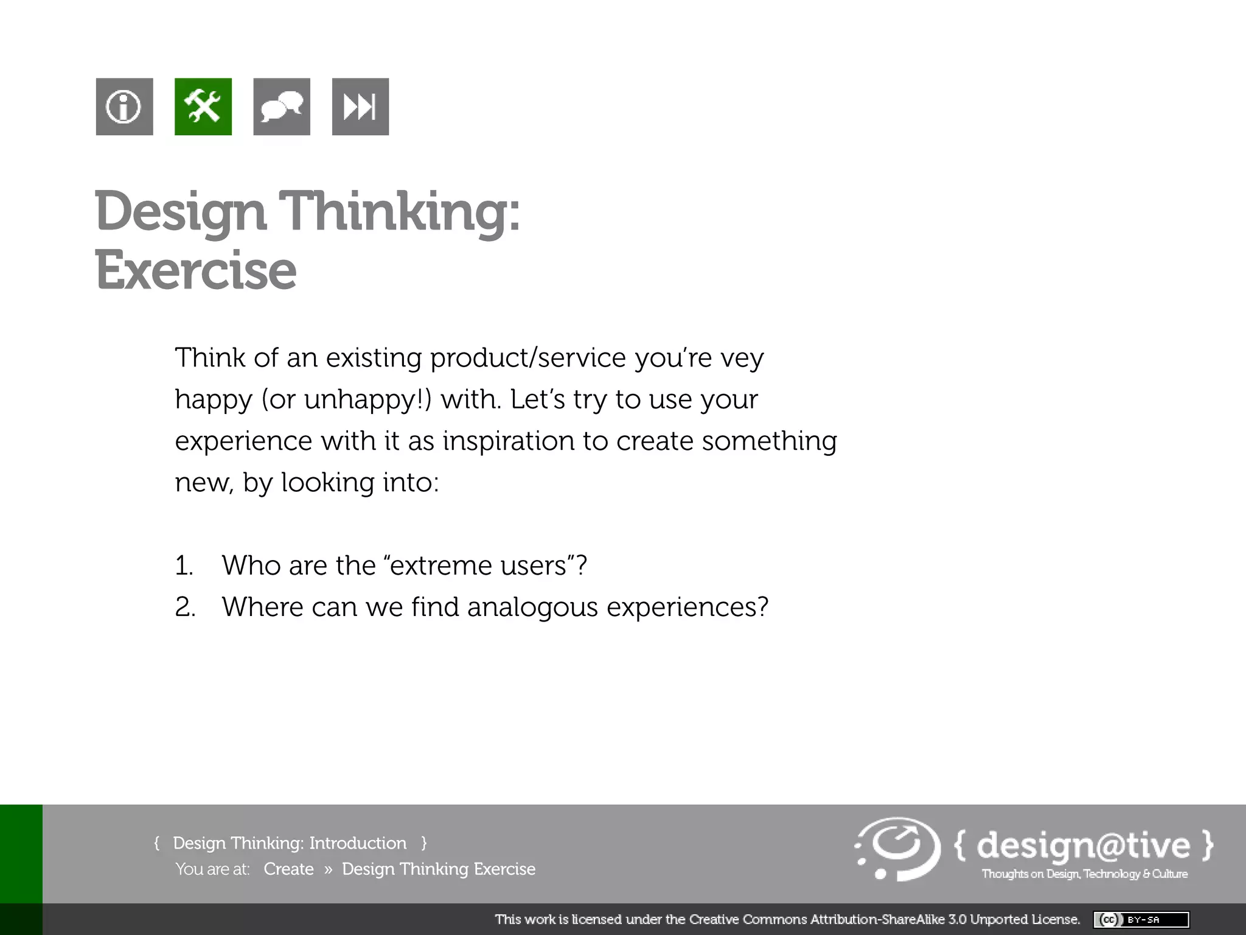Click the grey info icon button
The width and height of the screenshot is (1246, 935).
tap(124, 107)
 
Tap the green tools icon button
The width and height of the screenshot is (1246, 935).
tap(203, 107)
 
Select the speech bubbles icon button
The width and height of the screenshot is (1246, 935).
tap(282, 107)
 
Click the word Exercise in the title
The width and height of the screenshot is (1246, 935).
tap(196, 270)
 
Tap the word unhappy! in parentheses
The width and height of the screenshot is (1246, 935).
tap(367, 400)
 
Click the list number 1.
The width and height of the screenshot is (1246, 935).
tap(184, 566)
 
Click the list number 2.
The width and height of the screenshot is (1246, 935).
tap(185, 608)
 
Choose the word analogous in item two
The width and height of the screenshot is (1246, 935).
tap(532, 608)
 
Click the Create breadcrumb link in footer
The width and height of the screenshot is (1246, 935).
tap(288, 869)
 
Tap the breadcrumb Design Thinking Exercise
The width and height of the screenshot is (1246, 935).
tap(439, 869)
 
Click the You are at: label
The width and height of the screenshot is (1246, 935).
tap(212, 869)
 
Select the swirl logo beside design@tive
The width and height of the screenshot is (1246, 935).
tap(897, 849)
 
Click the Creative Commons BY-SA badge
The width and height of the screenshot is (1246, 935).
tap(1141, 919)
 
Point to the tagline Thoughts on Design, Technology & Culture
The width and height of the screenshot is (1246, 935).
tap(1084, 874)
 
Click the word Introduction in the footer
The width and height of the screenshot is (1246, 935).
tap(358, 843)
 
